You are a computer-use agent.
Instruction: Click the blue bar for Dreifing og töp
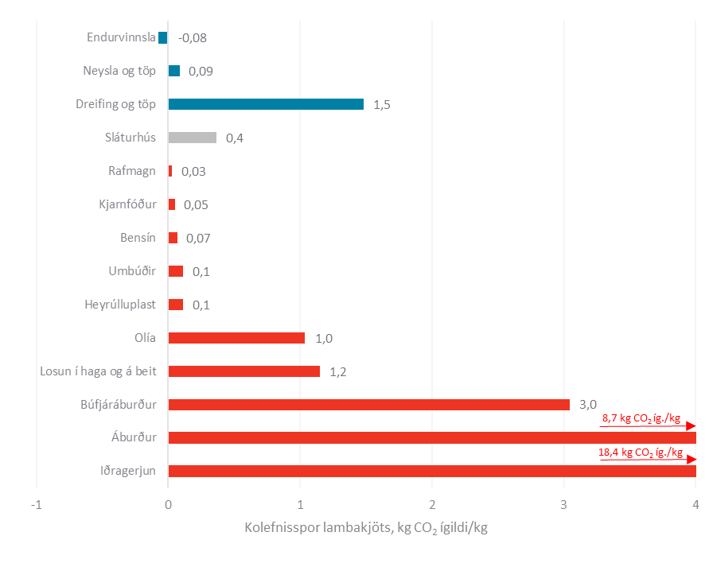(x=266, y=104)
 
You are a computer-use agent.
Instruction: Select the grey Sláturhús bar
(x=192, y=138)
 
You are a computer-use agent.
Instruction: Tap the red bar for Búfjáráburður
(x=368, y=405)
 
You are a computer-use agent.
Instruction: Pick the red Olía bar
(x=236, y=338)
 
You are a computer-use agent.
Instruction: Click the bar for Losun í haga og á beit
(x=243, y=371)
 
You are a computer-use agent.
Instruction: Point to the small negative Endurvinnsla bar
(x=163, y=37)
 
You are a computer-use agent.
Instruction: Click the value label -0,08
(x=193, y=37)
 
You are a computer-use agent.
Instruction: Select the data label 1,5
(x=381, y=104)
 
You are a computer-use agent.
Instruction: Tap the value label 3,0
(x=587, y=405)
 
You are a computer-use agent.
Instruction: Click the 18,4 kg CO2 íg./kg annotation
(x=641, y=452)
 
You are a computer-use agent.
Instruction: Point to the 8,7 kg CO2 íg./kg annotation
(x=641, y=418)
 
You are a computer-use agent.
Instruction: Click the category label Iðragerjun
(x=128, y=471)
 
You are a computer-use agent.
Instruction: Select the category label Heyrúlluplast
(x=120, y=305)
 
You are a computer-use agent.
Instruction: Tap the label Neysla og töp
(x=119, y=71)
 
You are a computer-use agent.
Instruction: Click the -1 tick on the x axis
(x=36, y=504)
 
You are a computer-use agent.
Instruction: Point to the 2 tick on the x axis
(x=432, y=504)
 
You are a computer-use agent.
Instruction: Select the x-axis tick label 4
(x=695, y=504)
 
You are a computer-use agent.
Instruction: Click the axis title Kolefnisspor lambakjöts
(x=365, y=529)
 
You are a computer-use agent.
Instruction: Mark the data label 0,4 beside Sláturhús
(x=235, y=138)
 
